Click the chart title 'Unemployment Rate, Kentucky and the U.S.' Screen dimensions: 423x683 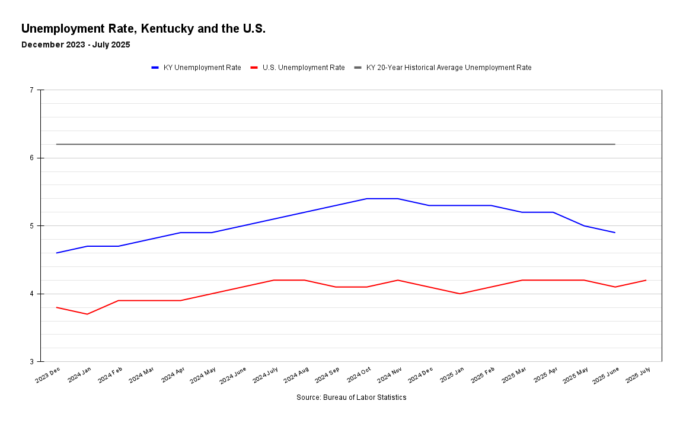[x=143, y=28]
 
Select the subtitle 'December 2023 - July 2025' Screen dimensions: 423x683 [x=75, y=44]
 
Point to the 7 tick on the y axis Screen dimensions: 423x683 [x=31, y=90]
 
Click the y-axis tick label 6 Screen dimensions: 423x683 [x=31, y=158]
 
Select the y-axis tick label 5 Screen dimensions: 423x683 [x=31, y=226]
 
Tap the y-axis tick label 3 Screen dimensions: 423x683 [x=31, y=362]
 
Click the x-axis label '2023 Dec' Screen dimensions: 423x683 [x=48, y=376]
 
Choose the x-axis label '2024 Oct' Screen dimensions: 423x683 [x=359, y=376]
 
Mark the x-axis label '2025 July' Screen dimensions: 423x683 [x=638, y=376]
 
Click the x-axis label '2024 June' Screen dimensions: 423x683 [x=233, y=376]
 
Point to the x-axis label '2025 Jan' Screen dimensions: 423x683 [x=452, y=376]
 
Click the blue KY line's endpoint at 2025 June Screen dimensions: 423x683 [x=615, y=233]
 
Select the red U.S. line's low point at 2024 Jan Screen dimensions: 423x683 [x=87, y=314]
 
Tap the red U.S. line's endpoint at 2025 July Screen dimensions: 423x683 [x=646, y=280]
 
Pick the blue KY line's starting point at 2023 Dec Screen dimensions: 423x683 [x=56, y=253]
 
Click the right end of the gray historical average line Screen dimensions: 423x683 [x=615, y=144]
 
